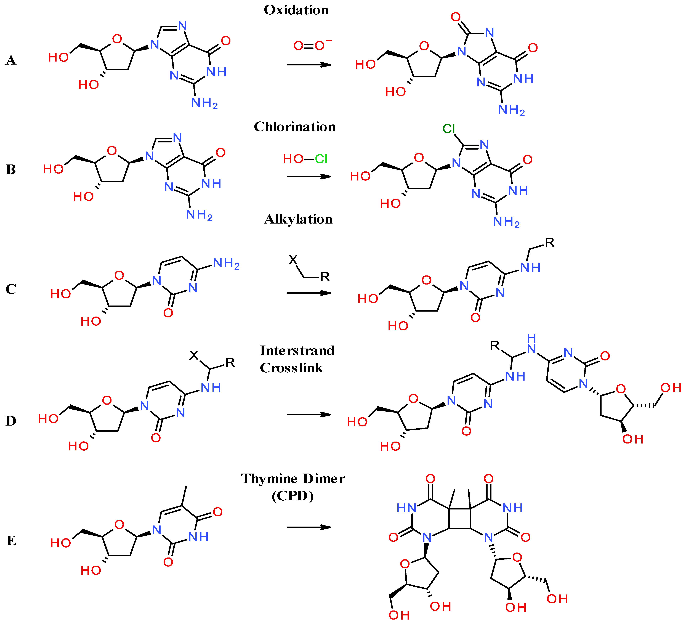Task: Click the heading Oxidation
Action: (296, 10)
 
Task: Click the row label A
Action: (11, 61)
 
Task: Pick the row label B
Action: (11, 169)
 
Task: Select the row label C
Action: (11, 289)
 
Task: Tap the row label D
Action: (11, 421)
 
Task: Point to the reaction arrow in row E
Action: (309, 527)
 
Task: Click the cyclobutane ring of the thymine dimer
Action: (460, 519)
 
